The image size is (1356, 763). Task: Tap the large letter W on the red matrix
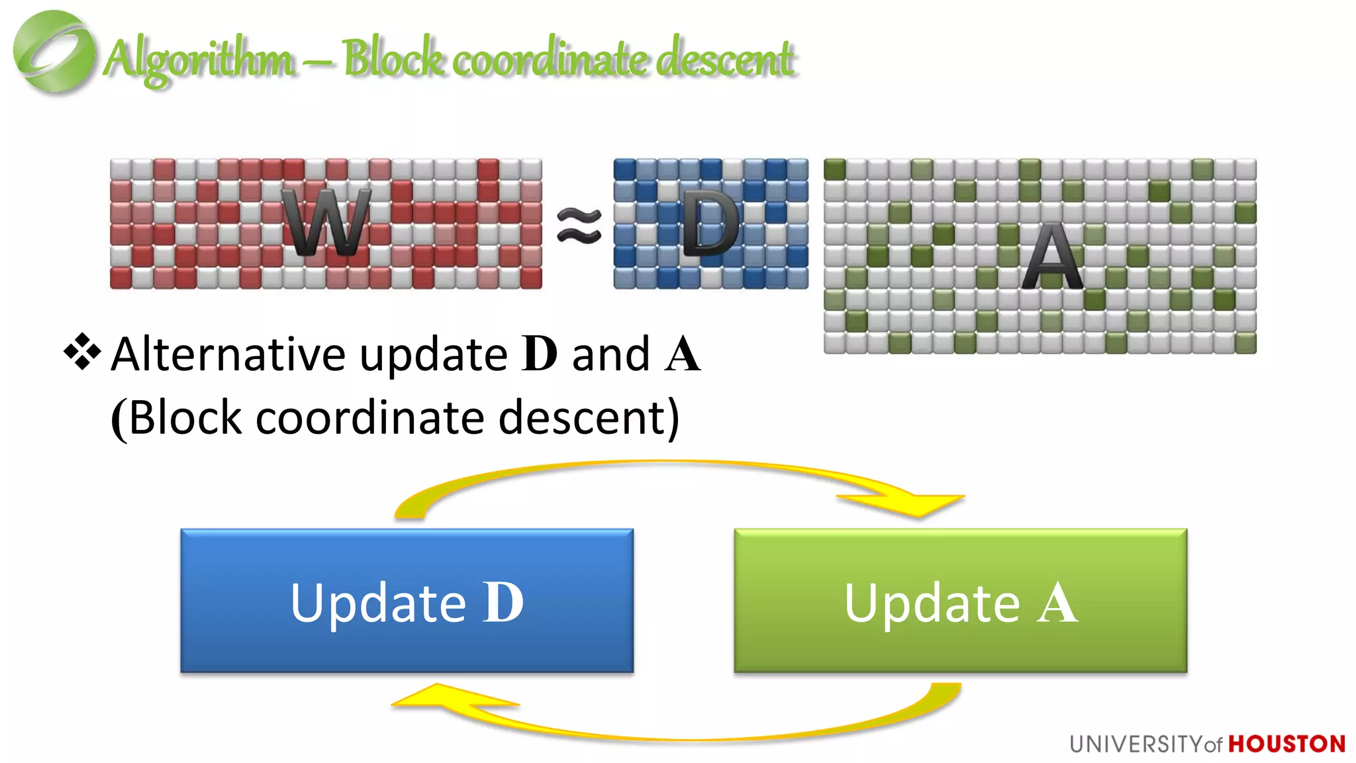click(x=326, y=223)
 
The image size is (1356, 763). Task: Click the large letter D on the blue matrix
click(x=710, y=224)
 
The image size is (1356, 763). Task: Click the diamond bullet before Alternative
click(x=82, y=352)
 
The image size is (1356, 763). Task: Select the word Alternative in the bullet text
click(x=228, y=354)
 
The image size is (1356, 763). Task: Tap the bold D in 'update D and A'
click(x=540, y=354)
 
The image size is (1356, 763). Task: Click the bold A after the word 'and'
click(x=683, y=354)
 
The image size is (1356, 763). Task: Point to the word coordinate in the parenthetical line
click(x=369, y=418)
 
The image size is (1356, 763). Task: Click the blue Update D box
click(x=407, y=601)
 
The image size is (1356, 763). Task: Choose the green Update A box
click(x=960, y=601)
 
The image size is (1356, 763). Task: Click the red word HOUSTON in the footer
click(x=1286, y=744)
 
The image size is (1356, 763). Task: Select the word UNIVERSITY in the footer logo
click(x=1136, y=744)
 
